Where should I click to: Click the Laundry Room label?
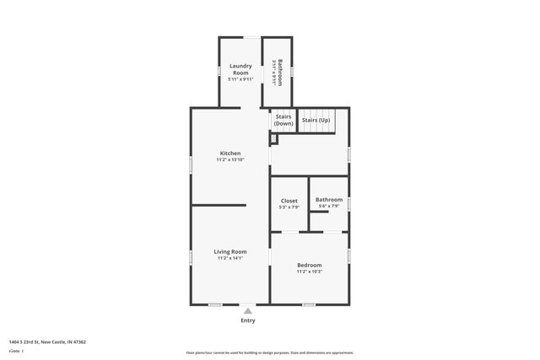point(241,69)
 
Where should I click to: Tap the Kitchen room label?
point(230,153)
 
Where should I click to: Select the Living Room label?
point(230,251)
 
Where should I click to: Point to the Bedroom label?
point(310,266)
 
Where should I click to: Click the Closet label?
point(289,201)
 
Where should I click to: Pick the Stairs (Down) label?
point(283,121)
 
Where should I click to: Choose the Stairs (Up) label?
point(316,121)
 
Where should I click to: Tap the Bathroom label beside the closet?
point(330,200)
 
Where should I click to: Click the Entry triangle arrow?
point(248,310)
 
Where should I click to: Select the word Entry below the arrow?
point(248,320)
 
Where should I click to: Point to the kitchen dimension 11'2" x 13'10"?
point(230,159)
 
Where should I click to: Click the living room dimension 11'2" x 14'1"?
point(230,258)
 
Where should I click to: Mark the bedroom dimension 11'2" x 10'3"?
point(310,271)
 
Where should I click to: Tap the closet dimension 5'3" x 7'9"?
point(289,207)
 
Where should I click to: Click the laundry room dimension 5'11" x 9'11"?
point(241,79)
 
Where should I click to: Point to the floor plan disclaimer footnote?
point(270,352)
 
